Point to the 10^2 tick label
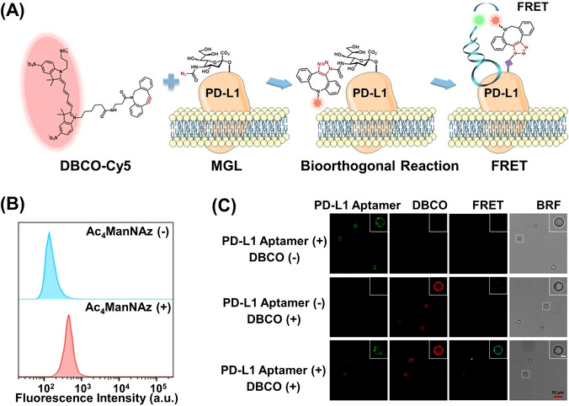tap(92, 376)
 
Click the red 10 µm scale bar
tap(554, 389)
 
